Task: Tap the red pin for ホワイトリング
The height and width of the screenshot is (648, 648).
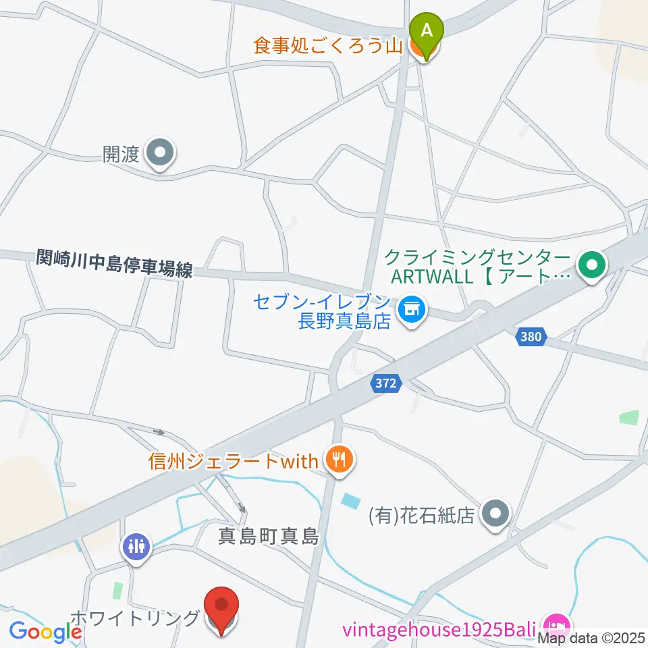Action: (223, 609)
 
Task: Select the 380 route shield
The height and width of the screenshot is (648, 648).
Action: (531, 335)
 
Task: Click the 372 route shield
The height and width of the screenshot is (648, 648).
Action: (387, 383)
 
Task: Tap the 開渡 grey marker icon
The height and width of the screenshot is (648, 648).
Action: (160, 155)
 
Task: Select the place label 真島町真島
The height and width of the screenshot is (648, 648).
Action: (268, 537)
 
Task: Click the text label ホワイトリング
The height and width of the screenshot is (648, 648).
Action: (135, 618)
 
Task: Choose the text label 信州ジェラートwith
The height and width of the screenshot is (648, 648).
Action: (233, 462)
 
